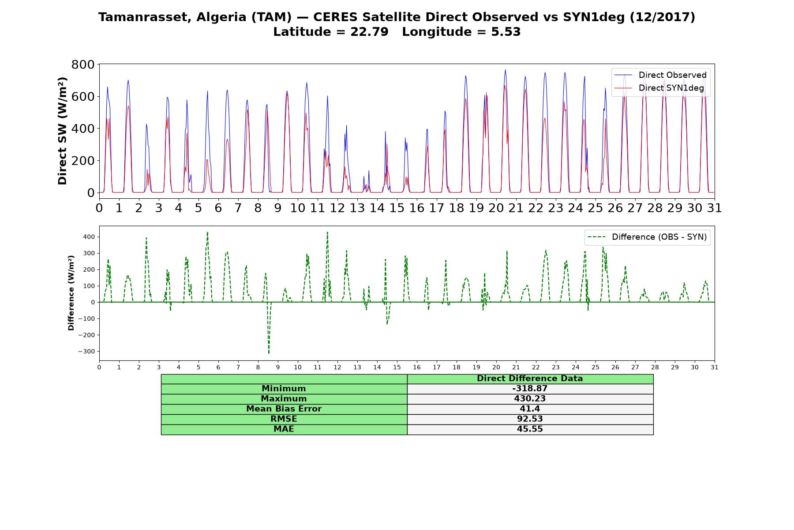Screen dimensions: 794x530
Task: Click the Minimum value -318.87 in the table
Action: tap(530, 389)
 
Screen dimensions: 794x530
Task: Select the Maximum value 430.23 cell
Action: tap(530, 399)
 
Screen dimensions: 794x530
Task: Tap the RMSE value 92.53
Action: tap(530, 419)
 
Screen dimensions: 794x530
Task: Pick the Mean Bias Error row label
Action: tap(284, 409)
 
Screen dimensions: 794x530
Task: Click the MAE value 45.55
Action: tap(530, 429)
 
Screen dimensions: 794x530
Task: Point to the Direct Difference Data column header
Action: tap(530, 379)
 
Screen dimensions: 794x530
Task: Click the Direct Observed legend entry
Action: tap(660, 75)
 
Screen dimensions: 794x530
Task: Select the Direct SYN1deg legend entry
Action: tap(659, 88)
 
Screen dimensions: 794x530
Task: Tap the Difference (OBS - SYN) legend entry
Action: tap(647, 237)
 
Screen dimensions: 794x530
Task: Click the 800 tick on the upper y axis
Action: tap(83, 64)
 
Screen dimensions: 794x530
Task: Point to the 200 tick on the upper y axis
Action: tap(83, 161)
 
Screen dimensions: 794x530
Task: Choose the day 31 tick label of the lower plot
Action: tap(715, 367)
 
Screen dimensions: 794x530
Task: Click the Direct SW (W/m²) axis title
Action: tap(63, 131)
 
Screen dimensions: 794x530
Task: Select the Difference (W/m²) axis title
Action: tap(71, 293)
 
